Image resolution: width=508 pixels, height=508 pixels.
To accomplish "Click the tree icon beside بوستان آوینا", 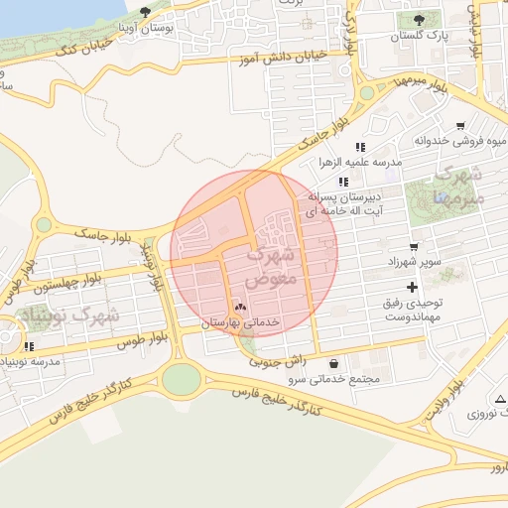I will pos(146,12).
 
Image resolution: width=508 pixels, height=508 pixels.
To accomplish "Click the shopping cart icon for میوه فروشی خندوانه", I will pos(460,126).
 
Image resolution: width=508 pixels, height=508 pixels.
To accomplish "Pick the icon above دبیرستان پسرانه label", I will pos(343,182).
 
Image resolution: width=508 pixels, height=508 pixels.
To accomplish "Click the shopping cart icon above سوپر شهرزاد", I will pos(413,246).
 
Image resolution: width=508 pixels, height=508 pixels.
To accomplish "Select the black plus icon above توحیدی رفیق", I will pos(413,287).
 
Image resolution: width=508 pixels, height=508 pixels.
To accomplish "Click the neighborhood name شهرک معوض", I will pos(271,266).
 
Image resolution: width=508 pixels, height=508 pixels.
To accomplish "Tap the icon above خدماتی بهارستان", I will pos(239,309).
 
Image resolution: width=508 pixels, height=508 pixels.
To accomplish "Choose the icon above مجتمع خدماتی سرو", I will pos(331,363).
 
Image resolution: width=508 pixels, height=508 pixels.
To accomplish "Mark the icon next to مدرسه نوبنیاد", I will pos(30,346).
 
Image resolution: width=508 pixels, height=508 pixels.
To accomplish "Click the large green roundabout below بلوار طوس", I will pos(181,378).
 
